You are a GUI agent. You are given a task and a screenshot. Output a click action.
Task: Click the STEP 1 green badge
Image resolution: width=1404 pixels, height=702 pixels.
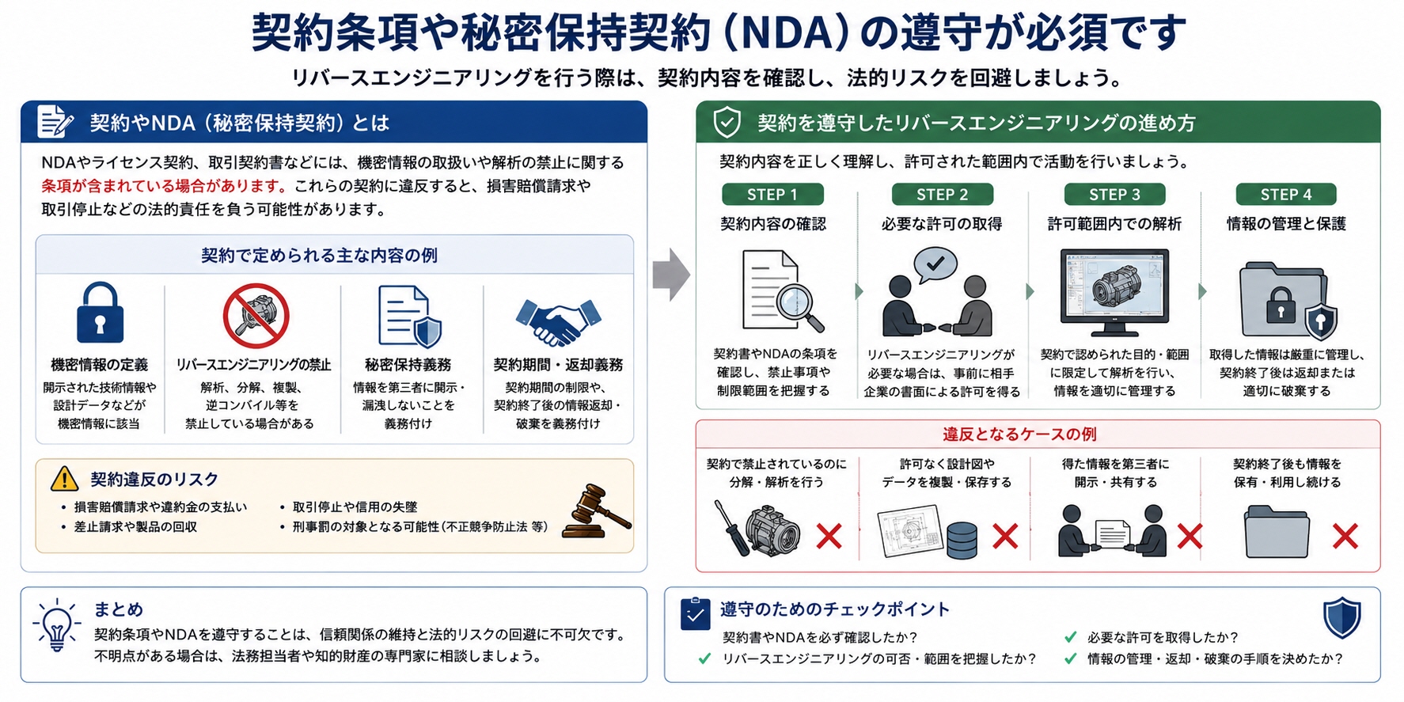point(772,195)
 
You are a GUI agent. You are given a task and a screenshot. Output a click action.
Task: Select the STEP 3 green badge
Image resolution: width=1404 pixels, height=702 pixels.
point(1114,195)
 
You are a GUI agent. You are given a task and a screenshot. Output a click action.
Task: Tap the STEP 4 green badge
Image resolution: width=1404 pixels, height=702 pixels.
point(1286,195)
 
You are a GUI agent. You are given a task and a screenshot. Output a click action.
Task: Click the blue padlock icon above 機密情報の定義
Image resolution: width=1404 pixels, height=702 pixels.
point(100,312)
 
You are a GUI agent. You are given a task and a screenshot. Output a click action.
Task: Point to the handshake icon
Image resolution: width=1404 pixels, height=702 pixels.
point(558,321)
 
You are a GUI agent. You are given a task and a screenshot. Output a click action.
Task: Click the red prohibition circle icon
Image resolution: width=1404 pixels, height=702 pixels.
point(256,316)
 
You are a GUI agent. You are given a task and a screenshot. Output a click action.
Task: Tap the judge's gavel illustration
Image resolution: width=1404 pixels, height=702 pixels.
point(598,510)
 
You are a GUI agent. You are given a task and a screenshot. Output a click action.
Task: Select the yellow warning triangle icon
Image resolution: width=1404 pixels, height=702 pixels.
point(64,479)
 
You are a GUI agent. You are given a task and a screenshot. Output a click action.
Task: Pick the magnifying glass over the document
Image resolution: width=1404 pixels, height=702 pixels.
point(799,305)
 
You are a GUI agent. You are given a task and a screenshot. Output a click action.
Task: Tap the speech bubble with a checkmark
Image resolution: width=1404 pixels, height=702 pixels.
point(935,265)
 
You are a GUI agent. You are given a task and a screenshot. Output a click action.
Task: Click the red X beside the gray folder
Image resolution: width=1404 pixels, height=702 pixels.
point(1345,537)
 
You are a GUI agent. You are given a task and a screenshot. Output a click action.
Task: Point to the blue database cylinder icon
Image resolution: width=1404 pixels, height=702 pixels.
point(962,541)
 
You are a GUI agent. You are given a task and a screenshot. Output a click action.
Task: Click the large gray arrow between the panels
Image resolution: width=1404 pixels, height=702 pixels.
point(671,275)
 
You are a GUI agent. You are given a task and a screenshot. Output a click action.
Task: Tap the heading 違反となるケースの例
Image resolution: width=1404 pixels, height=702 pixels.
point(1019,434)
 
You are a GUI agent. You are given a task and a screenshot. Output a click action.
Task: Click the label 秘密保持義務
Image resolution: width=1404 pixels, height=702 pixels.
point(408,365)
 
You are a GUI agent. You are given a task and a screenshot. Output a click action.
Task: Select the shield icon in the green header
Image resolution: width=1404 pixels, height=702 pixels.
point(727,123)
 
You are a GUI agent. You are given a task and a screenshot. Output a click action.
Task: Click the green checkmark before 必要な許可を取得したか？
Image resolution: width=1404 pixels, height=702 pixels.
point(1070,637)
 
